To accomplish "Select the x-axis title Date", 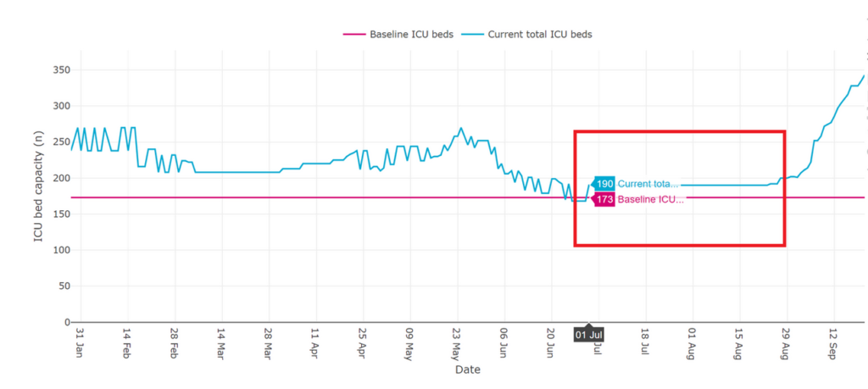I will pos(468,370).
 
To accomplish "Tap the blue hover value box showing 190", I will pos(604,184).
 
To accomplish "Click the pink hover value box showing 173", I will pos(604,199).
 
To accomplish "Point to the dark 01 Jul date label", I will pos(589,335).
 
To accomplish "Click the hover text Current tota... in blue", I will pos(648,184).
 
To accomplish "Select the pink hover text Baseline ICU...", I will pos(650,199).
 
